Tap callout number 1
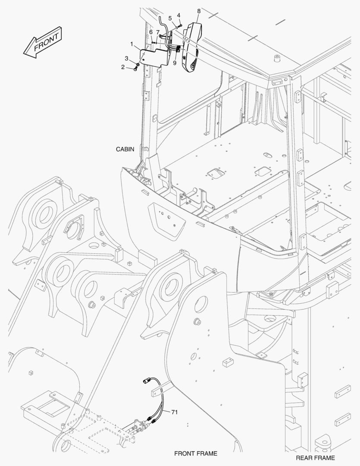pos(131,44)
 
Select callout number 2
pos(123,67)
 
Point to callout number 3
pos(126,58)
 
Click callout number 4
pos(178,15)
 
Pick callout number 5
pos(170,19)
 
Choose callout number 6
pos(151,32)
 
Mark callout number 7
pos(158,32)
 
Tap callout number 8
pos(199,11)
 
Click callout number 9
pos(175,63)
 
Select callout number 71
pos(175,412)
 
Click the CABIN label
pos(125,149)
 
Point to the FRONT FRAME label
pos(196,453)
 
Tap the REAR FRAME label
pos(315,458)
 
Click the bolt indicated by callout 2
pos(136,69)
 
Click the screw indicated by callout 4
pos(181,26)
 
